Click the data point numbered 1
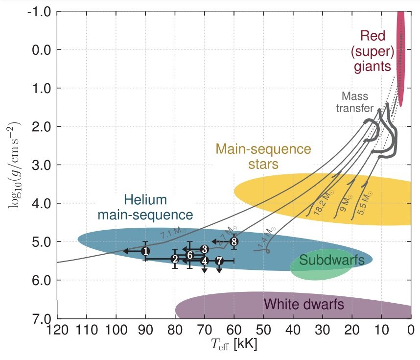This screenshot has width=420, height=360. [145, 251]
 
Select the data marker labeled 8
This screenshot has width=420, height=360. [234, 241]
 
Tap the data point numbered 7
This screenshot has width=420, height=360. [219, 261]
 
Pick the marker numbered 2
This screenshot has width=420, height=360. [175, 259]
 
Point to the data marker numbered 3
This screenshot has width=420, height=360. [204, 249]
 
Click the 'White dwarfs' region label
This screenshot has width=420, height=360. [303, 305]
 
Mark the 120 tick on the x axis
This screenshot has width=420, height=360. [57, 329]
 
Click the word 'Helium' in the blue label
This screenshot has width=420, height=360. [145, 200]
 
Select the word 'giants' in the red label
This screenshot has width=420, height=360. [373, 66]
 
